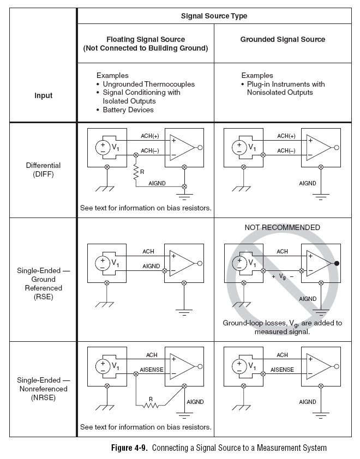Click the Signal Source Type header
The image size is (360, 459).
click(x=214, y=16)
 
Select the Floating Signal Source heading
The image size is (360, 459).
click(x=145, y=44)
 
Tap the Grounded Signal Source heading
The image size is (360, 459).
click(x=283, y=39)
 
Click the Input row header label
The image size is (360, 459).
click(x=44, y=95)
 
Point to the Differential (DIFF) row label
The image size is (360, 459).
click(x=44, y=170)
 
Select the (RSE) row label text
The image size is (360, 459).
click(x=44, y=297)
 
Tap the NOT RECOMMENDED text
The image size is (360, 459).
click(x=283, y=227)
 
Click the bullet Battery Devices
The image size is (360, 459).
click(x=128, y=110)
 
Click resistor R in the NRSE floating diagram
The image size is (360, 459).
click(x=151, y=404)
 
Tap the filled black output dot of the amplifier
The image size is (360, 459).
click(x=338, y=264)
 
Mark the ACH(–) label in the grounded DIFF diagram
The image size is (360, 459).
click(x=286, y=150)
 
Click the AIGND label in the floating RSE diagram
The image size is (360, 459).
click(x=151, y=266)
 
